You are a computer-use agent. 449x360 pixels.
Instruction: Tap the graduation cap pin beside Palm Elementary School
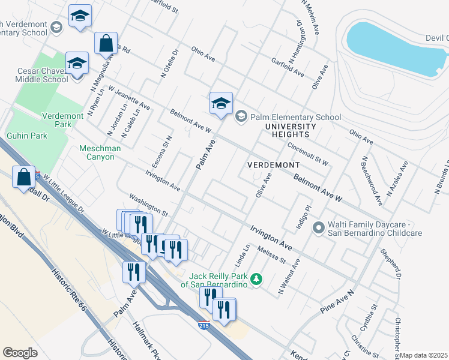click(x=221, y=103)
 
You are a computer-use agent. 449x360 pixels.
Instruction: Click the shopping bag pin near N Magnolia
click(x=106, y=44)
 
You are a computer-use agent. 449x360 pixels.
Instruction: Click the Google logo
click(x=20, y=353)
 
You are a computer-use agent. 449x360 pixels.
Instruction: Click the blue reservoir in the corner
click(x=396, y=48)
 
